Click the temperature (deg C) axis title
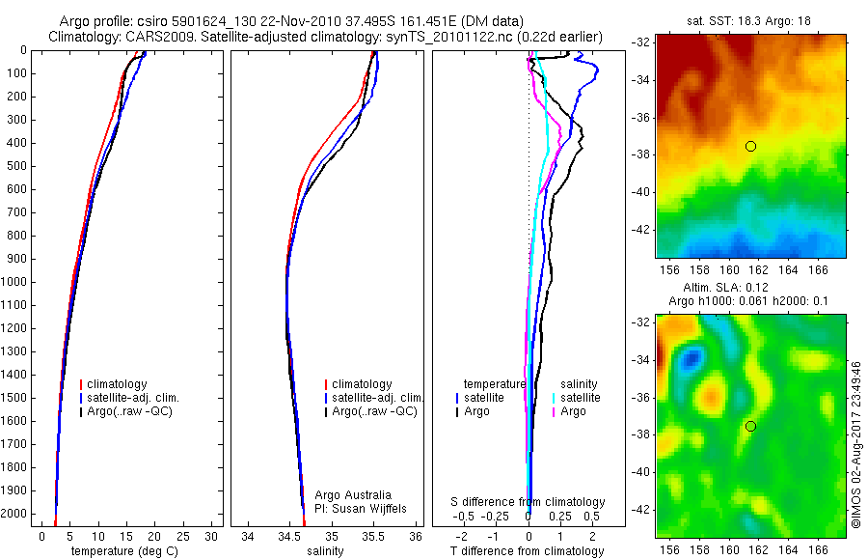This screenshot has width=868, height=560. click(x=123, y=551)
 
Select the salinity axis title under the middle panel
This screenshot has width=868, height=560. click(x=325, y=551)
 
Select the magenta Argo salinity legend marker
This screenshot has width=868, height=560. click(x=555, y=411)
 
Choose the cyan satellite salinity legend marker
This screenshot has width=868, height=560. click(x=555, y=398)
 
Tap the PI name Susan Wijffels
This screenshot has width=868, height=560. click(x=355, y=508)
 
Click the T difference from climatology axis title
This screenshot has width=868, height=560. click(x=528, y=551)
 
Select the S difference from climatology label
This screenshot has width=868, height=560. click(x=529, y=502)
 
